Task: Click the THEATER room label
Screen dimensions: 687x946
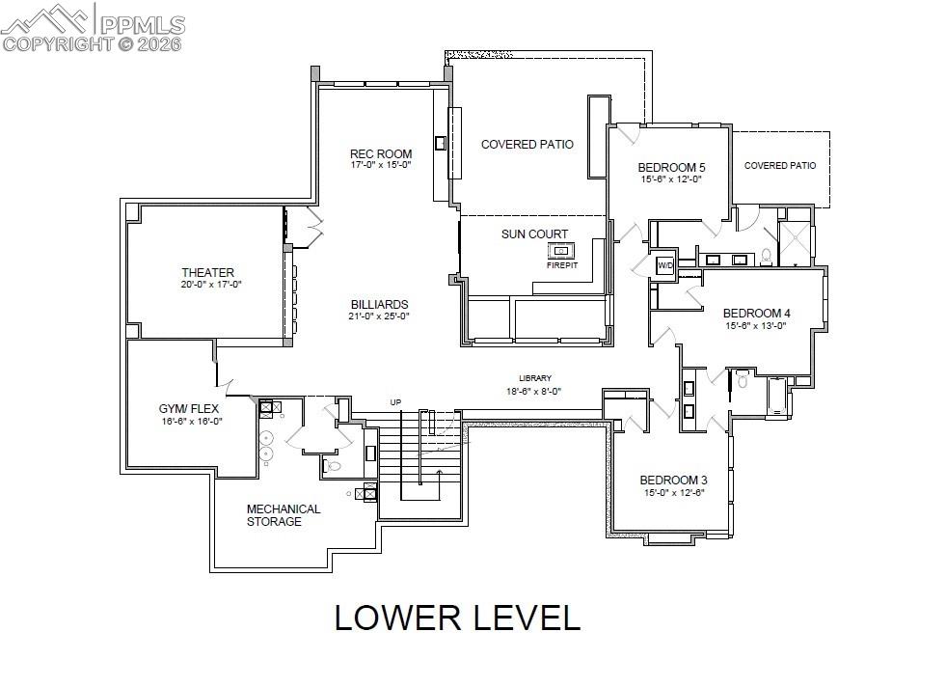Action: click(x=207, y=272)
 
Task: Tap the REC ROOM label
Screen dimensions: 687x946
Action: click(x=380, y=153)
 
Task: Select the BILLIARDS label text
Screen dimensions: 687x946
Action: click(x=378, y=304)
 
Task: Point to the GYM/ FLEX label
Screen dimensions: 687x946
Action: click(x=189, y=409)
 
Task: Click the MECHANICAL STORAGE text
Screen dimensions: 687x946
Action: click(x=283, y=515)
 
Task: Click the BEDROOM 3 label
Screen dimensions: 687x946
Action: click(x=673, y=481)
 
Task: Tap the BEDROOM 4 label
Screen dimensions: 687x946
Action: click(x=756, y=314)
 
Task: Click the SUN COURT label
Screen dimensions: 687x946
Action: click(x=534, y=234)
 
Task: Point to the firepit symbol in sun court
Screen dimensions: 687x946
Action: click(x=562, y=251)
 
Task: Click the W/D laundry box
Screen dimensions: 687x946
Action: click(x=665, y=264)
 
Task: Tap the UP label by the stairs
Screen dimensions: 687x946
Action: click(x=394, y=402)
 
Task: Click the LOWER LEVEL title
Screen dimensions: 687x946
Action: click(x=457, y=618)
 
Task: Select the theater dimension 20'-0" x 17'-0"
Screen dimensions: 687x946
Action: click(x=209, y=285)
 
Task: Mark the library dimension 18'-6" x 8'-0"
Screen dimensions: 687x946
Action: click(x=533, y=391)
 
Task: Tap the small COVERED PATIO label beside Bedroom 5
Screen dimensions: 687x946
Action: click(x=779, y=166)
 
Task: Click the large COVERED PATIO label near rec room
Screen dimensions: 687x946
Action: click(x=527, y=145)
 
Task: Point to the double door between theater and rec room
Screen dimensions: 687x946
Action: click(x=311, y=228)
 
